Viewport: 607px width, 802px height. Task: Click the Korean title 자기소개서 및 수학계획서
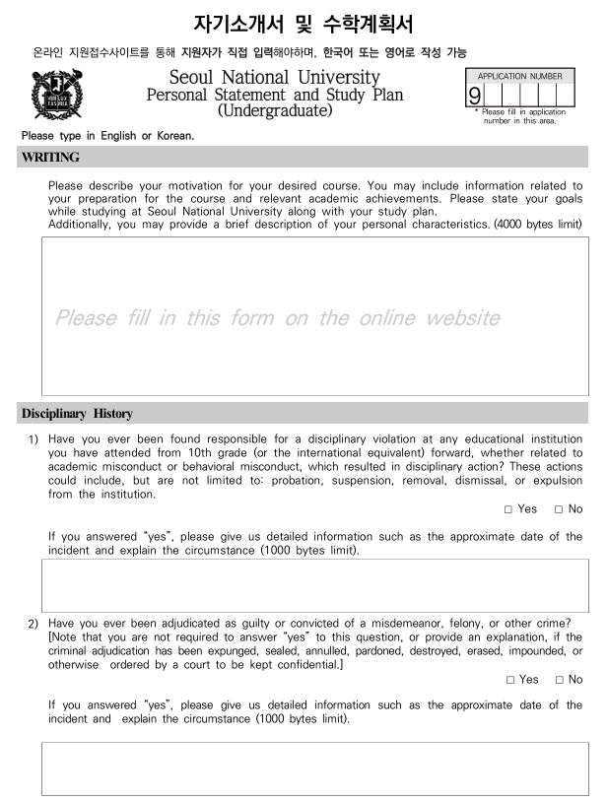pyautogui.click(x=303, y=21)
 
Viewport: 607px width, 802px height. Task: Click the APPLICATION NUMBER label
pyautogui.click(x=520, y=76)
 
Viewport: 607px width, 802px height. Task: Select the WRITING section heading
pyautogui.click(x=47, y=156)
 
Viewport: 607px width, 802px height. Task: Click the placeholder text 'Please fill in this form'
pyautogui.click(x=276, y=318)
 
